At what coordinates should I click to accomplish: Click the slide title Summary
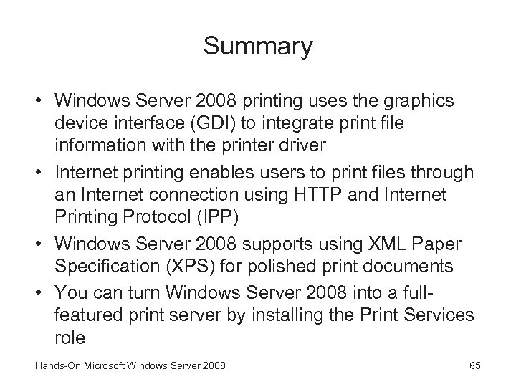click(258, 47)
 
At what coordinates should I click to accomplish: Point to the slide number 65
click(474, 367)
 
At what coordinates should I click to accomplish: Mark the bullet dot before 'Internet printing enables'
click(40, 173)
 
